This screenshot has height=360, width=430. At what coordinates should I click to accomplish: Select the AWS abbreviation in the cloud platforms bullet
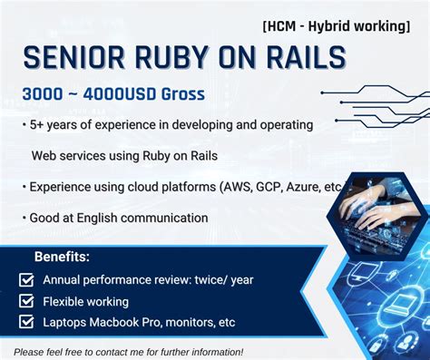pos(238,188)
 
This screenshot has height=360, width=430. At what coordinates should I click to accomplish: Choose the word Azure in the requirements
pos(306,188)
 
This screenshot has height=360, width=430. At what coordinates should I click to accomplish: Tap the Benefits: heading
pos(62,257)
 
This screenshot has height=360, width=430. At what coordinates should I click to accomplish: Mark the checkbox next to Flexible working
pos(26,300)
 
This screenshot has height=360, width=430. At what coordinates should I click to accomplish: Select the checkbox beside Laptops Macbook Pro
pos(26,322)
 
